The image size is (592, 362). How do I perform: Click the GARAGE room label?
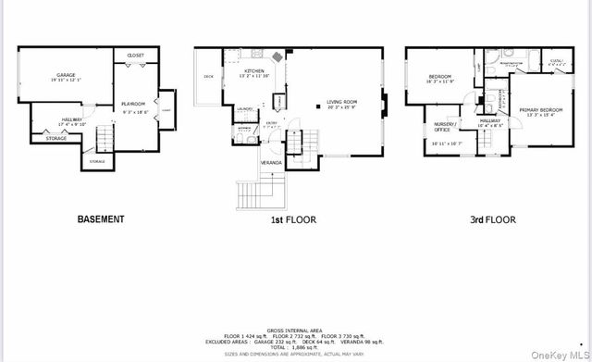tap(65, 75)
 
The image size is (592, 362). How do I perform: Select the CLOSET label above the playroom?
tap(135, 56)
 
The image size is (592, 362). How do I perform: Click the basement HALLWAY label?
tap(72, 119)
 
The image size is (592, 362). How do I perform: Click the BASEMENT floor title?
tap(101, 219)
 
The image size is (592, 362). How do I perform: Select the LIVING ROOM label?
tap(341, 103)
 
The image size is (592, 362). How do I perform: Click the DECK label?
tap(208, 77)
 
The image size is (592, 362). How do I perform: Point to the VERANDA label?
tap(271, 162)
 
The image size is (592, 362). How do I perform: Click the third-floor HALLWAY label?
tap(489, 121)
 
